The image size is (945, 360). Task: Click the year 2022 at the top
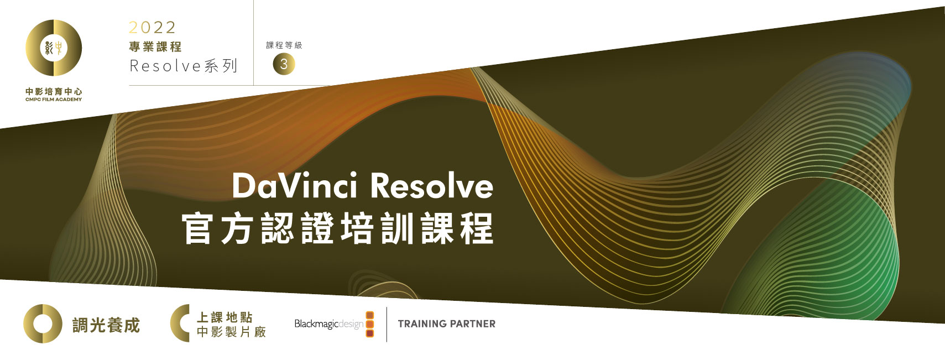pos(152,28)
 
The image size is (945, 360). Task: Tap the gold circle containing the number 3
pos(284,64)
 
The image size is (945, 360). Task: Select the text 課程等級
pos(284,45)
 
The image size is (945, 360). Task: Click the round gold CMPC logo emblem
pos(54,48)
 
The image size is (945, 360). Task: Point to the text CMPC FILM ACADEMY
pos(54,100)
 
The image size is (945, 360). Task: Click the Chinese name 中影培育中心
pos(54,91)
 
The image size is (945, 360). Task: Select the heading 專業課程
pos(155,46)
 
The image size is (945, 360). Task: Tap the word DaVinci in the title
pos(295,185)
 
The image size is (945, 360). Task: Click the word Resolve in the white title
pos(431,185)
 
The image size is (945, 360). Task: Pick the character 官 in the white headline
pos(197,228)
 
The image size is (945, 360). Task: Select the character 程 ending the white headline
pos(478,228)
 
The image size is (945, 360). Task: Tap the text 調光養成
pos(106,325)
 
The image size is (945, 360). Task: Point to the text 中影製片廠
pos(231,332)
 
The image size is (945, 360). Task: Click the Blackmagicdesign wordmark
pos(329,324)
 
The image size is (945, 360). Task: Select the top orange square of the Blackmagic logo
pos(370,315)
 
